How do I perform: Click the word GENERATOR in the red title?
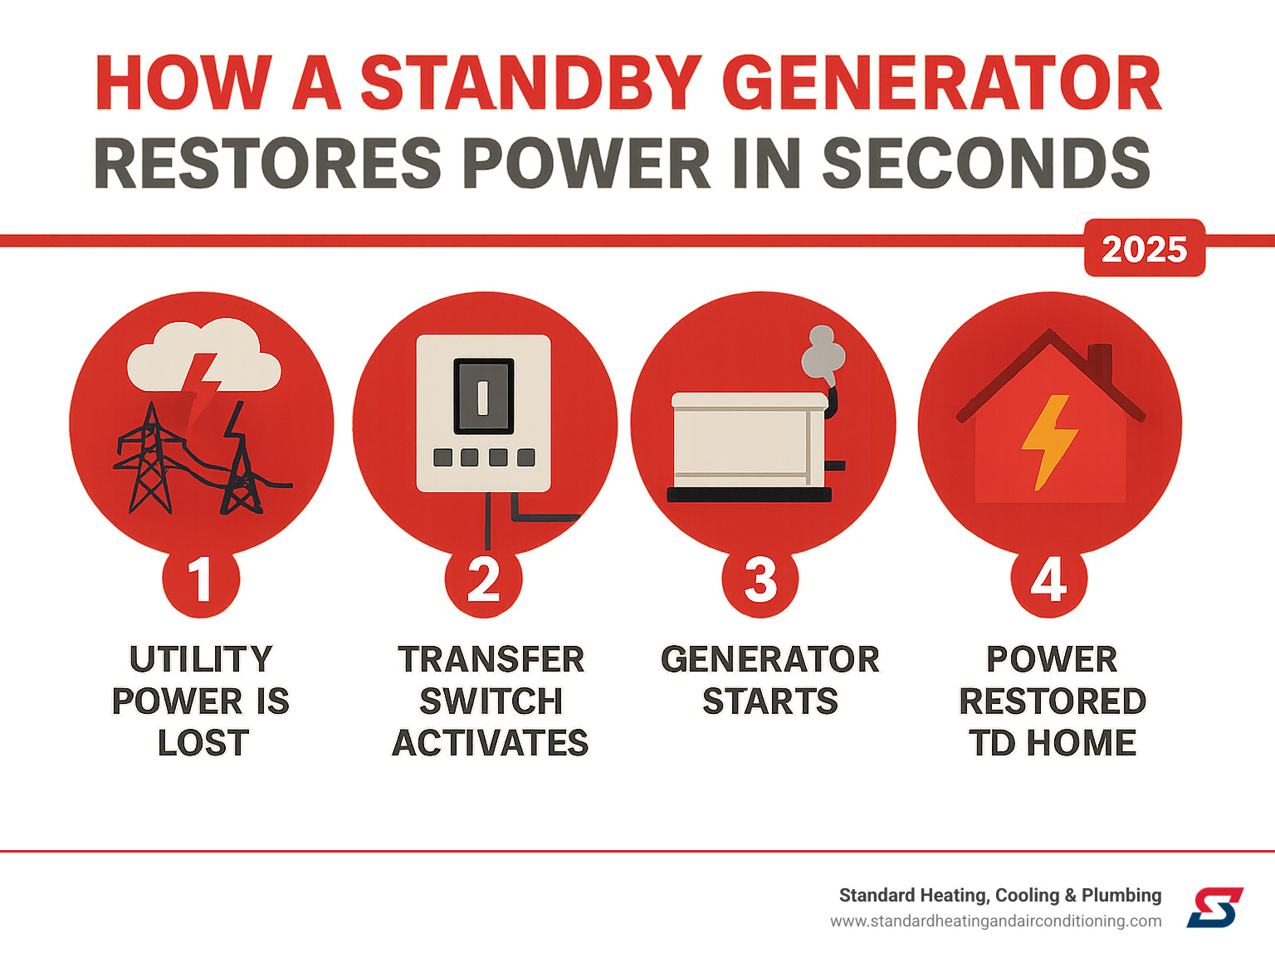941,83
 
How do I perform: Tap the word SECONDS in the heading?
986,163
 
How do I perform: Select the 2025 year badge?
1145,248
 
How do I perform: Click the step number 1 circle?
201,579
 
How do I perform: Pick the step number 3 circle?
760,579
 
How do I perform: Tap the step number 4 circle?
1048,579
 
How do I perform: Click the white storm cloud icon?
204,354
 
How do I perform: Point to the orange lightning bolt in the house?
1049,442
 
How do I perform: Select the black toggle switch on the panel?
483,396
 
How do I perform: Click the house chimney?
1100,363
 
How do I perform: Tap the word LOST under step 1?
203,742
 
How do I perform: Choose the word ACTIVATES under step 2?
491,742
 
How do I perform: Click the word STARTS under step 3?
770,701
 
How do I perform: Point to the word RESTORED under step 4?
1053,701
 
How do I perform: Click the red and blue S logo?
1214,907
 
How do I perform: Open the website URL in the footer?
995,921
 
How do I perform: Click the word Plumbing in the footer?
1121,896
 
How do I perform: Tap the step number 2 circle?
483,579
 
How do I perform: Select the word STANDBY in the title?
531,83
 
